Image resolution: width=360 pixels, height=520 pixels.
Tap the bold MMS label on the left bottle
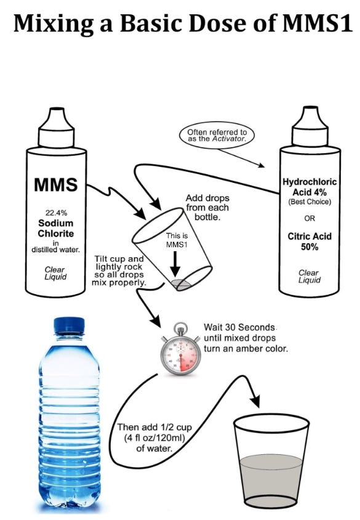(55, 184)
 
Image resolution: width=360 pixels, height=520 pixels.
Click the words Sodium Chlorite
(55, 228)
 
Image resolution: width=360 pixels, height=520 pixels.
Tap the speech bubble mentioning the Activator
(212, 135)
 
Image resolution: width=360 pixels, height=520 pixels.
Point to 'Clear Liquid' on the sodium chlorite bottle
(55, 273)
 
